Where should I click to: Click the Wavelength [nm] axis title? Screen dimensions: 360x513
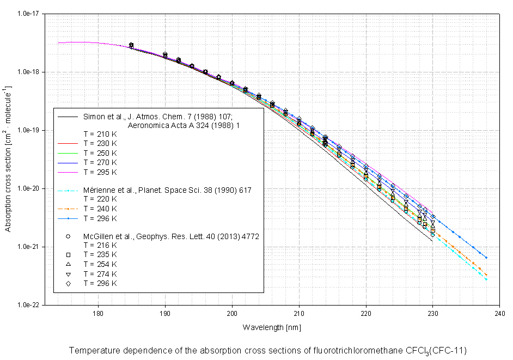point(272,327)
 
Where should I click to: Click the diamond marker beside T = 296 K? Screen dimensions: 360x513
point(68,283)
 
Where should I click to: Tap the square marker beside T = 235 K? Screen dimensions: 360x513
point(68,255)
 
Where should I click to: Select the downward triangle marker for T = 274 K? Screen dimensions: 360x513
point(68,273)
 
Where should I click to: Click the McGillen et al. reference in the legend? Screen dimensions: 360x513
point(170,236)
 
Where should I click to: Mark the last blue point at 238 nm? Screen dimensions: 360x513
point(486,258)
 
